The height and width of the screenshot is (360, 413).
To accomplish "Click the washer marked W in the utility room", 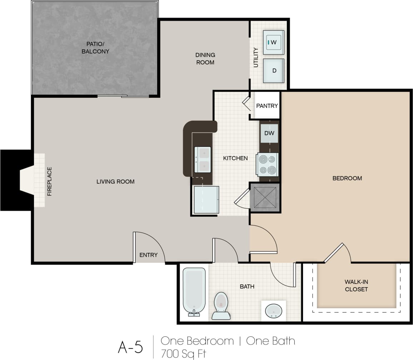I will (273, 42).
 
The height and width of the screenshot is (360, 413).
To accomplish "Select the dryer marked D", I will (273, 70).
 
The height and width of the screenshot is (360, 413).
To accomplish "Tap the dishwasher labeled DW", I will (269, 133).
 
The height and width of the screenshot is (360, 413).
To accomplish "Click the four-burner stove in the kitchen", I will (267, 164).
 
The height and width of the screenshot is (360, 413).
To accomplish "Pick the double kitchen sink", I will (202, 160).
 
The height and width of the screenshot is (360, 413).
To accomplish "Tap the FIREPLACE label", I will (49, 181).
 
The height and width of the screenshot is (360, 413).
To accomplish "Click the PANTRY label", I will (267, 106).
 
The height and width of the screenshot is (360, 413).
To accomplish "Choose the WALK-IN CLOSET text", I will (356, 285).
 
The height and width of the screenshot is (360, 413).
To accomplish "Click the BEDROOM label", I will (347, 178).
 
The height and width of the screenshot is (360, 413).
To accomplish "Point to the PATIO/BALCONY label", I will (95, 47).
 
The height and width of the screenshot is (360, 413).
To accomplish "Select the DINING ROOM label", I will (205, 59).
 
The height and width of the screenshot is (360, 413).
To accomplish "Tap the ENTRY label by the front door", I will (148, 255).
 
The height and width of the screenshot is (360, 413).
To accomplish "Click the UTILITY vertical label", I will (255, 57).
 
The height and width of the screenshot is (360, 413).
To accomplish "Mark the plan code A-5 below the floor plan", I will (130, 347).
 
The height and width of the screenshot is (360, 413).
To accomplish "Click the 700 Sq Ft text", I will (184, 353).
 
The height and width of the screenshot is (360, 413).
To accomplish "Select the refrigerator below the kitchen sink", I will (206, 200).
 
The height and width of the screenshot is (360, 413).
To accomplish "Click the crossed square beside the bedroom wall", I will (265, 197).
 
